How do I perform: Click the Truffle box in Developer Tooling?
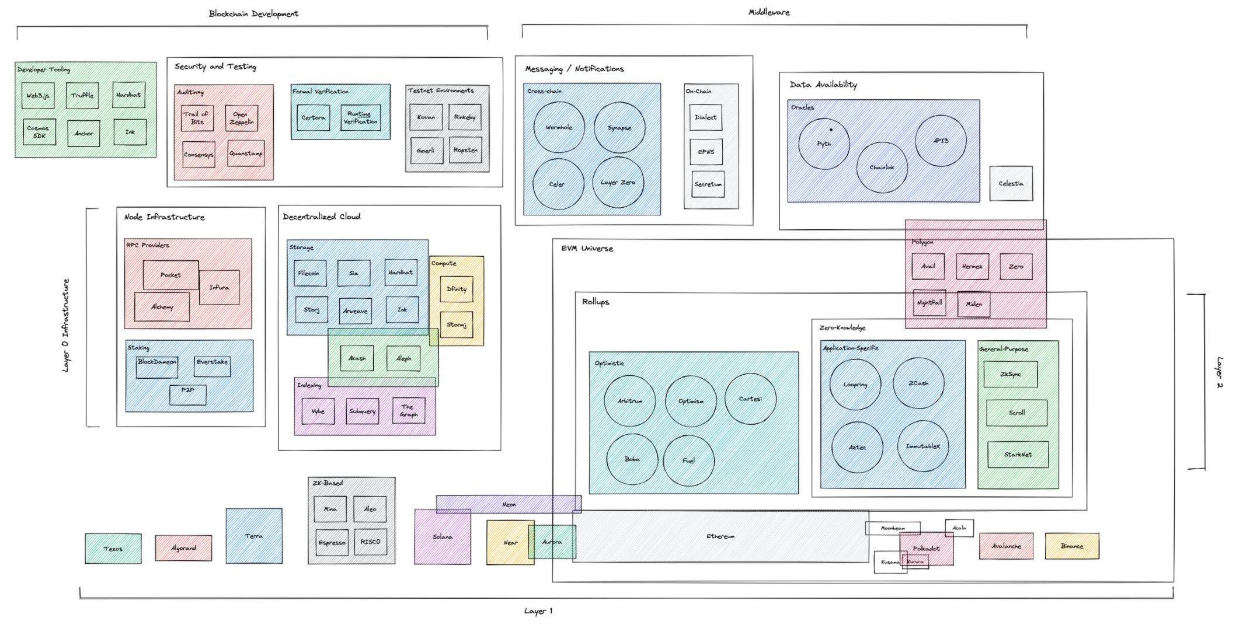(82, 95)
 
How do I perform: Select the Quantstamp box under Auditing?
(246, 153)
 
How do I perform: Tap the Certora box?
(313, 117)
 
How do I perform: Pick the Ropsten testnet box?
(465, 150)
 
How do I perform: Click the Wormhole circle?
(559, 127)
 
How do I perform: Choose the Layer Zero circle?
(618, 182)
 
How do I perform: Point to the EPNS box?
(706, 152)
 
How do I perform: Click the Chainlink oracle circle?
(882, 167)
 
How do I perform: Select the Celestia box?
(1011, 183)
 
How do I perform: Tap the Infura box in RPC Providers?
(220, 287)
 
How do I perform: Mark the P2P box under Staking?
(187, 394)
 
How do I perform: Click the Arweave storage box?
(355, 310)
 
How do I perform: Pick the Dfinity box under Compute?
(456, 289)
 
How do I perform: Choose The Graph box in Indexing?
(408, 411)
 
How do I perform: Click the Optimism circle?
(691, 401)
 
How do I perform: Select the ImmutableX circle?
(922, 446)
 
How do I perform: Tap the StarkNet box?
(1018, 454)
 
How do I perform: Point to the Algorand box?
(183, 548)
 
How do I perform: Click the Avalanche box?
(1006, 546)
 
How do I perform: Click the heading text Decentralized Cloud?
(322, 217)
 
